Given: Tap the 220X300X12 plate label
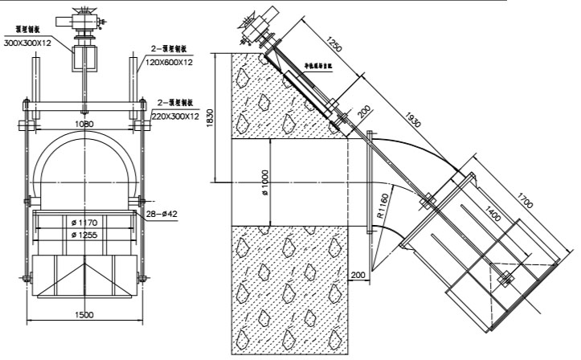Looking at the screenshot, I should (x=176, y=117).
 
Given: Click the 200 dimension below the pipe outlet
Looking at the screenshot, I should (x=358, y=275).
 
